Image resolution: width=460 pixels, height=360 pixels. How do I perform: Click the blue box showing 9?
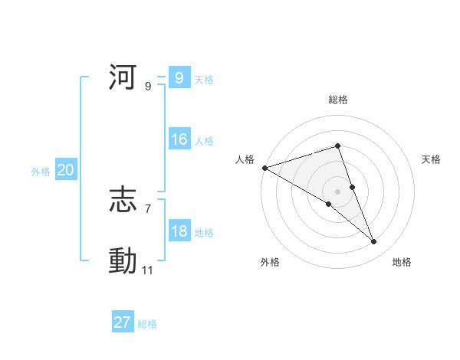(x=179, y=78)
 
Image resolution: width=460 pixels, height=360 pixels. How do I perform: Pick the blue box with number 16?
(x=179, y=140)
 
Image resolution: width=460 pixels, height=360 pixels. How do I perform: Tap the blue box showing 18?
(x=179, y=232)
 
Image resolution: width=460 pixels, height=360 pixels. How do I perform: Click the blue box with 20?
(x=65, y=171)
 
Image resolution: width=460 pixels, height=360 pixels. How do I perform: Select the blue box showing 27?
(x=123, y=322)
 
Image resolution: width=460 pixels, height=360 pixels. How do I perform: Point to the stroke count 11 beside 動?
(x=148, y=270)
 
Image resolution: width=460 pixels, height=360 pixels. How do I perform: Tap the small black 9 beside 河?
(x=148, y=87)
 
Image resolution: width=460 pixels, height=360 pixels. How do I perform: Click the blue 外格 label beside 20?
(x=41, y=172)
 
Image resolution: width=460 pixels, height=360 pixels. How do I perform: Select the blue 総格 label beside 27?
(x=147, y=324)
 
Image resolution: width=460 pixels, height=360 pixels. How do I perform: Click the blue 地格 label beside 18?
(x=204, y=233)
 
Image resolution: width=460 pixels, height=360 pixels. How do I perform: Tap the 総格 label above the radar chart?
(x=337, y=100)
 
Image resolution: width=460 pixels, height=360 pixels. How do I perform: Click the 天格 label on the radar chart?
(x=431, y=159)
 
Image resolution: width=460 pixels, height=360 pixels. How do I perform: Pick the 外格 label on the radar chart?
(x=270, y=262)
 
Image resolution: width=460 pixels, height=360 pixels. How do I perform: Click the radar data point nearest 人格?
(x=264, y=167)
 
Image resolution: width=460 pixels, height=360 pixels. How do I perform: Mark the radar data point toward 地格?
(x=374, y=242)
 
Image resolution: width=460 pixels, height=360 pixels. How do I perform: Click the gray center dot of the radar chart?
(x=337, y=191)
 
